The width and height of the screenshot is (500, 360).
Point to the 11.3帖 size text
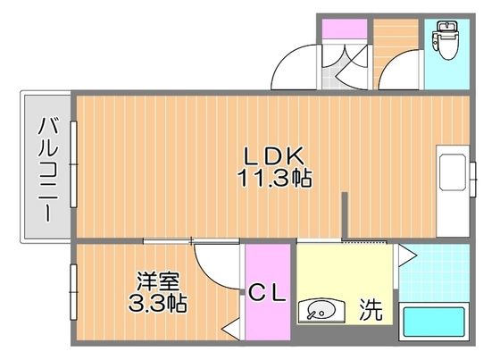[x=273, y=178]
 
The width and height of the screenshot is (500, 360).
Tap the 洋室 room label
[x=154, y=280]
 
